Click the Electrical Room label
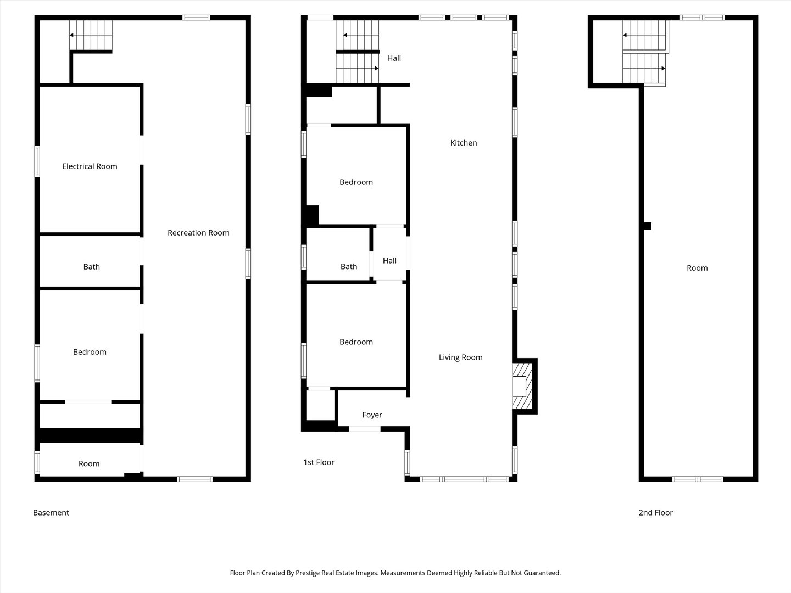(x=90, y=166)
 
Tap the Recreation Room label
(x=198, y=233)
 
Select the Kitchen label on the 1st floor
(x=464, y=143)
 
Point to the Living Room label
(x=460, y=357)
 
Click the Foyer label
(x=372, y=415)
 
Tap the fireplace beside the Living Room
(x=522, y=386)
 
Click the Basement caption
(x=51, y=512)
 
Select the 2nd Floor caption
(x=655, y=512)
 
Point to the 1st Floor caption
(x=319, y=462)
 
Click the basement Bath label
(x=92, y=267)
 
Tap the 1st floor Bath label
(x=349, y=266)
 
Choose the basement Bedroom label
(x=90, y=352)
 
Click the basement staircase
(x=91, y=35)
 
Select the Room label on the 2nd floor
(x=697, y=268)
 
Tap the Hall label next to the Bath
(x=389, y=261)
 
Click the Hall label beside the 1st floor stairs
(x=394, y=58)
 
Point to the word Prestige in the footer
(x=308, y=573)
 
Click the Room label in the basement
(x=89, y=463)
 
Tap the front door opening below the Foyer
(x=365, y=429)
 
